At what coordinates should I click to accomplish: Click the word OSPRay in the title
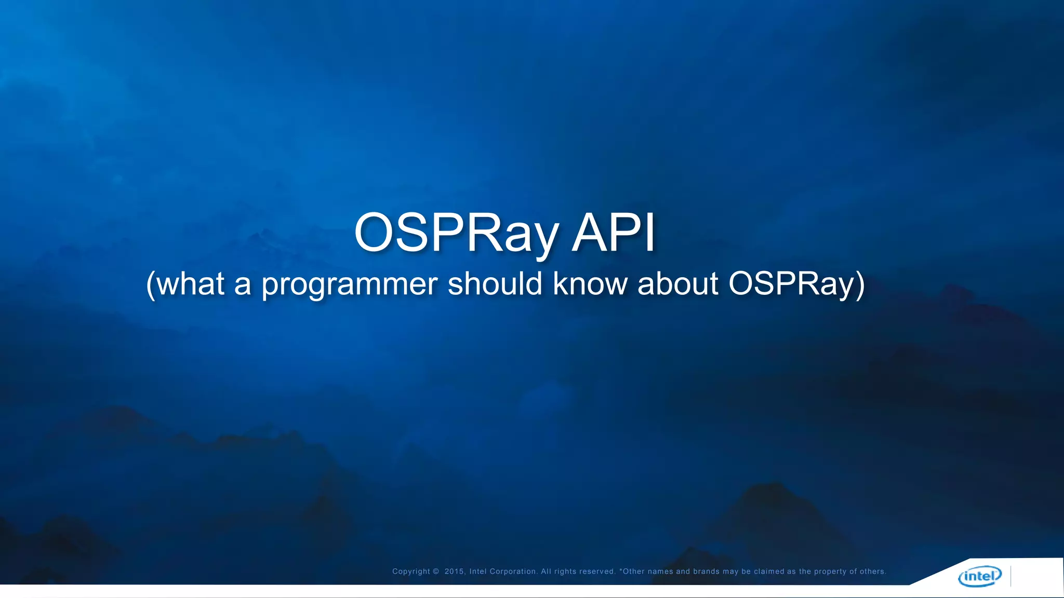pyautogui.click(x=456, y=234)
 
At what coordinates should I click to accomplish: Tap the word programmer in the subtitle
pyautogui.click(x=350, y=284)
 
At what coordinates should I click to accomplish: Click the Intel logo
pyautogui.click(x=980, y=576)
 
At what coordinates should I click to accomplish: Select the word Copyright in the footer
pyautogui.click(x=411, y=572)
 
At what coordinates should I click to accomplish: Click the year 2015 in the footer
pyautogui.click(x=454, y=572)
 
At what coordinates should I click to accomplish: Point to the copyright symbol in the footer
pyautogui.click(x=436, y=572)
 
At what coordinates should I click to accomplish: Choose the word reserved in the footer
pyautogui.click(x=599, y=572)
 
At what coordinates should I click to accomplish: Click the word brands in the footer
pyautogui.click(x=706, y=572)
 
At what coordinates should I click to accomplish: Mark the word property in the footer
pyautogui.click(x=830, y=572)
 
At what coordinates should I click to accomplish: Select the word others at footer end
pyautogui.click(x=873, y=572)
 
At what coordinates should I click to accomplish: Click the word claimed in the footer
pyautogui.click(x=769, y=572)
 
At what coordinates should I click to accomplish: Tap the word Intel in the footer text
pyautogui.click(x=478, y=572)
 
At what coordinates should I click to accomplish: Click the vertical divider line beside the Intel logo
pyautogui.click(x=1011, y=576)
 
